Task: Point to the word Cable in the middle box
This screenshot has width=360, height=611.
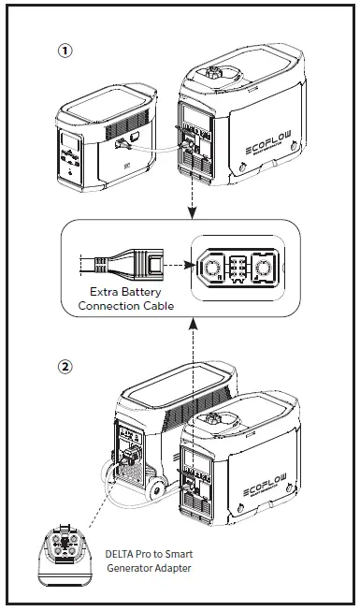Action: pyautogui.click(x=156, y=306)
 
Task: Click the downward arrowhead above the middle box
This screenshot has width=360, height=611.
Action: pyautogui.click(x=191, y=213)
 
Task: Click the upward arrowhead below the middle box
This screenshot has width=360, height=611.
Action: pyautogui.click(x=191, y=322)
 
